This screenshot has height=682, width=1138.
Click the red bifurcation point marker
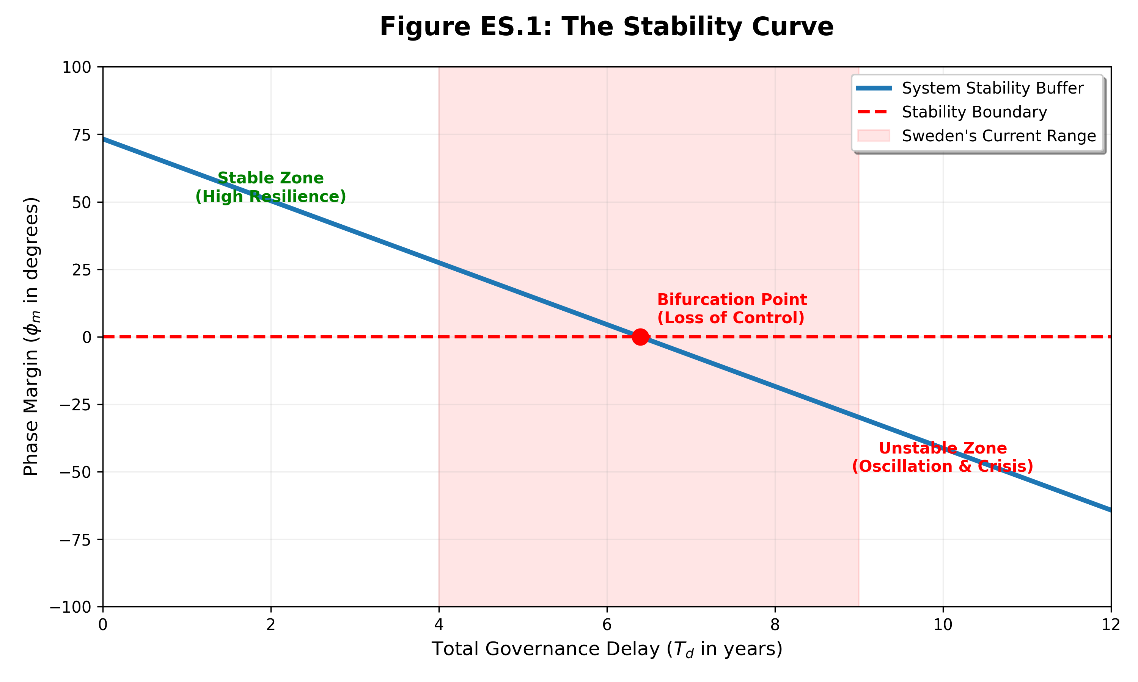(x=640, y=337)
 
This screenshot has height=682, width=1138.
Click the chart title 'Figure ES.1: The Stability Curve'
(x=606, y=27)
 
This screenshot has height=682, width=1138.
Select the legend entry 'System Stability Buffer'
(x=992, y=88)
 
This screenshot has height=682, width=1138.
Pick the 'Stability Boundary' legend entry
(x=974, y=112)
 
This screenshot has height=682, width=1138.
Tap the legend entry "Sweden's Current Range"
(x=999, y=136)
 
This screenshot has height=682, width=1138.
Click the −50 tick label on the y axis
(x=75, y=472)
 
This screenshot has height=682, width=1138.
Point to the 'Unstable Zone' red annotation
(x=943, y=448)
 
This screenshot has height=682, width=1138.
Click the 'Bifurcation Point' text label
(x=732, y=300)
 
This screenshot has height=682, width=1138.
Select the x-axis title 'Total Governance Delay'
(x=606, y=649)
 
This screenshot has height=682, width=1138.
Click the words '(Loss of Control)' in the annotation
(x=731, y=318)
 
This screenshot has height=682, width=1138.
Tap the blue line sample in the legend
(x=874, y=88)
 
